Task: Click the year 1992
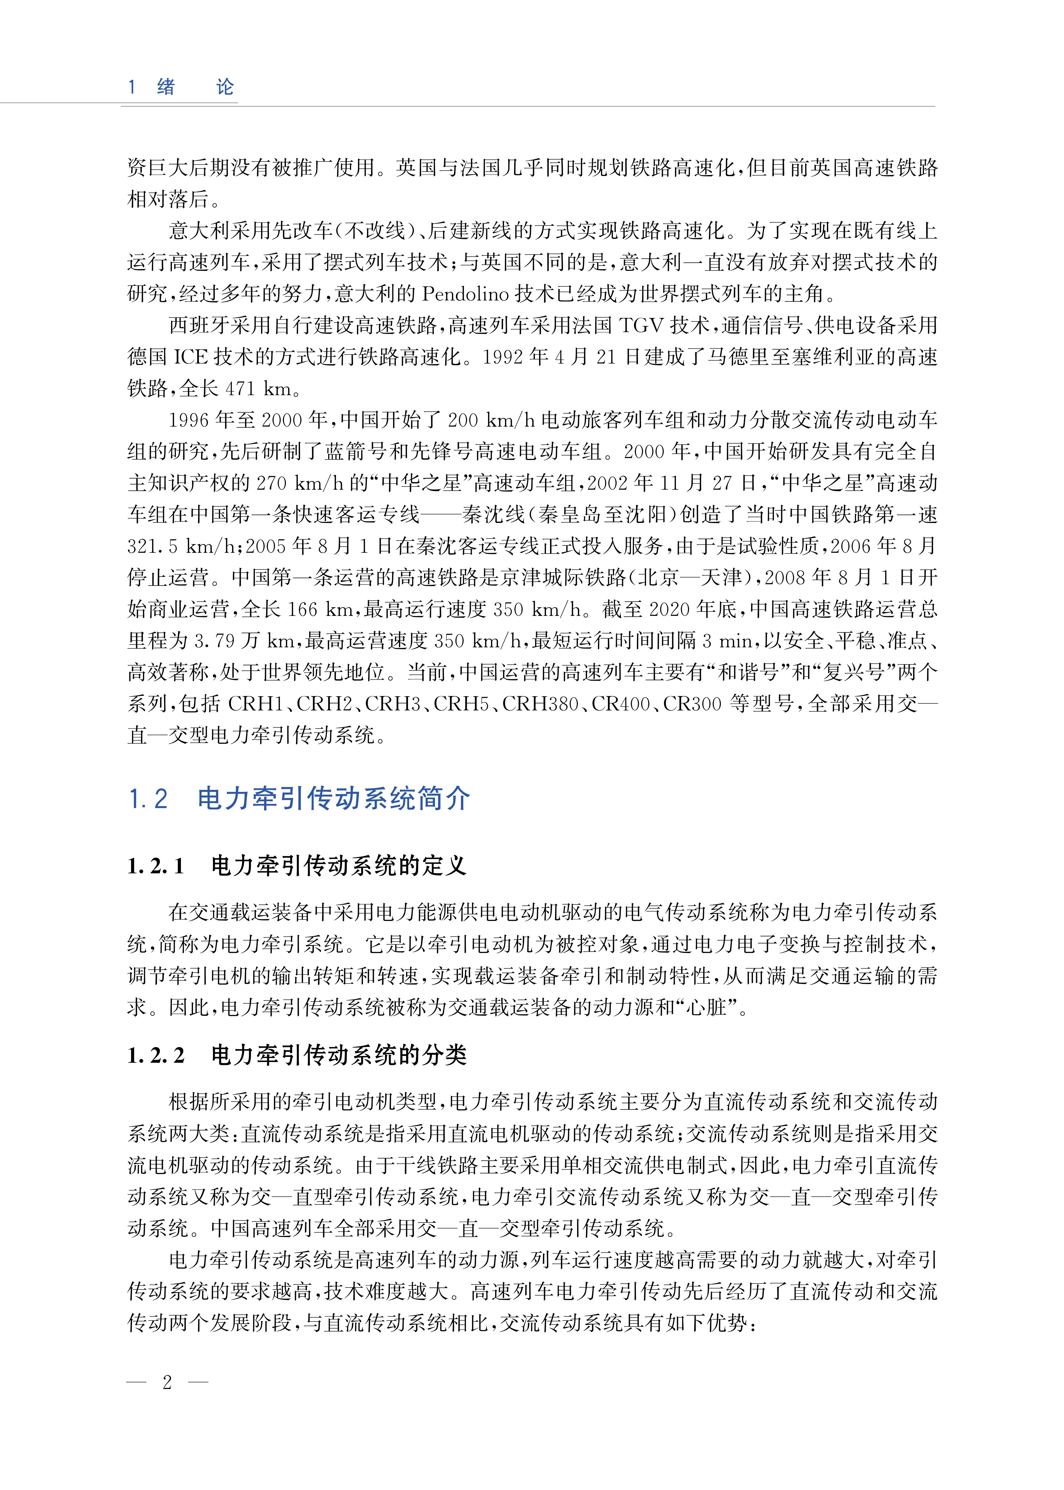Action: (x=503, y=357)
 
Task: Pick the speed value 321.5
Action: (x=152, y=546)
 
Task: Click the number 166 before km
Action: (x=303, y=609)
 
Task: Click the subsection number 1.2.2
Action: (x=156, y=1056)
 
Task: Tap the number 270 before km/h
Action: (x=273, y=484)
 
